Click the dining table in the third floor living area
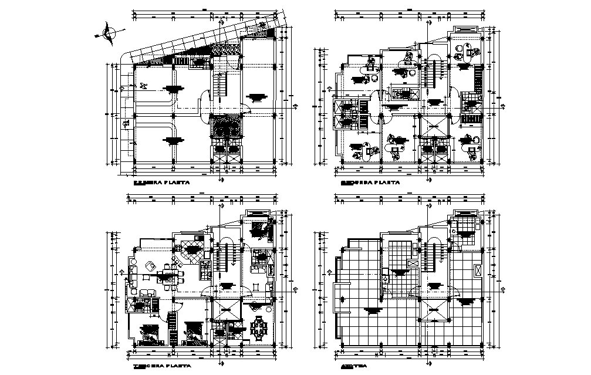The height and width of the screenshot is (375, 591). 169,275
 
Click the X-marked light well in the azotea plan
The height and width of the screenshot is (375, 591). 434,310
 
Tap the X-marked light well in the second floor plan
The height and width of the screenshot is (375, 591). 434,125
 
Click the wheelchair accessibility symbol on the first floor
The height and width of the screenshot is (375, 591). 142,86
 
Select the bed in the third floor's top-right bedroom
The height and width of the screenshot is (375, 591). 258,229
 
